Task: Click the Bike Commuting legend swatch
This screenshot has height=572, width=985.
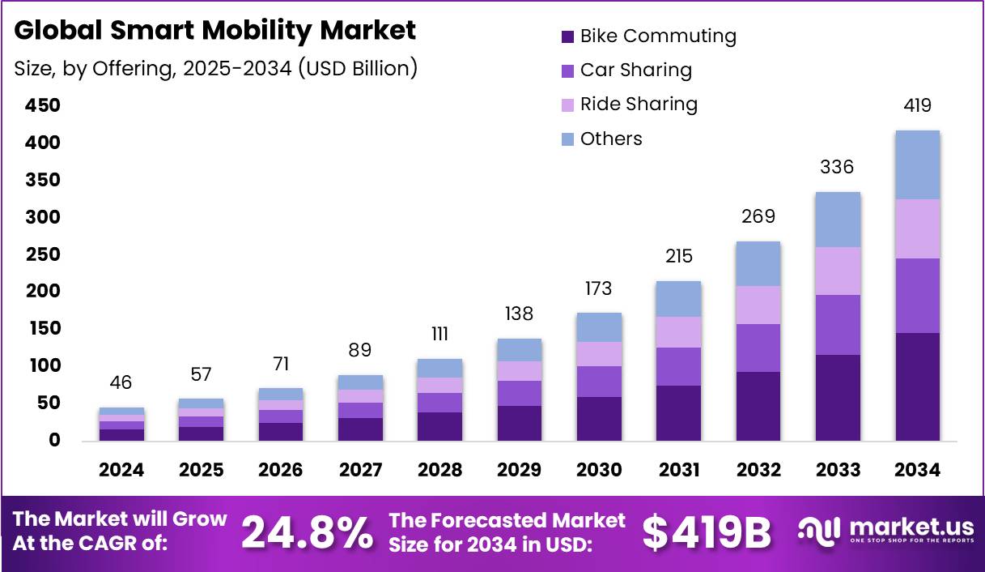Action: tap(567, 36)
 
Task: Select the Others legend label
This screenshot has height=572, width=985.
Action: tap(611, 139)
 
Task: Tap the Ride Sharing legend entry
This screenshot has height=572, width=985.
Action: tap(639, 104)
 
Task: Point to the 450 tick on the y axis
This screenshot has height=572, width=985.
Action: tap(42, 106)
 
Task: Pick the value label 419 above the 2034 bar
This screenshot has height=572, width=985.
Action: tap(918, 105)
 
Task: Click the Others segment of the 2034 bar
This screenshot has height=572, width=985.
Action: tap(918, 164)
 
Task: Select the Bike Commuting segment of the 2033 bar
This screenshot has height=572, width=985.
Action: tap(839, 397)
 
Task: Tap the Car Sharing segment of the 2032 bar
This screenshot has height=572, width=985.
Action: tap(758, 348)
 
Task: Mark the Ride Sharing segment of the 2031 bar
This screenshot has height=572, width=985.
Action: tap(679, 332)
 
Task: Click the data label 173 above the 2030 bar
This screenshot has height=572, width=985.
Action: tap(599, 288)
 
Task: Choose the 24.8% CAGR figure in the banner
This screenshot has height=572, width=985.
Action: tap(308, 531)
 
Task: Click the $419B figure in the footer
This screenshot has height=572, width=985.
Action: tap(707, 531)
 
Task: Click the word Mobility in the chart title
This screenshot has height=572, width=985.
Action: tap(244, 31)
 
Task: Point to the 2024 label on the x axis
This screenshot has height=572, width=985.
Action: tap(121, 470)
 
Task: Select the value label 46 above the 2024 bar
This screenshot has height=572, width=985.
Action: tap(121, 382)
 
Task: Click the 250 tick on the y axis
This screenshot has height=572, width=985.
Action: tap(42, 254)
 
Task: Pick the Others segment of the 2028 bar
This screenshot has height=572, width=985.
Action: tap(440, 368)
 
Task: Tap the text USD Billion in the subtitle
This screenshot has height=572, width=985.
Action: tap(357, 68)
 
